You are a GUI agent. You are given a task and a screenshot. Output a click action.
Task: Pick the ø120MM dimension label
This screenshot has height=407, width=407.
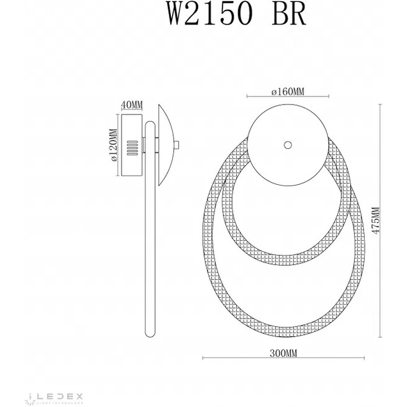coord(114,145)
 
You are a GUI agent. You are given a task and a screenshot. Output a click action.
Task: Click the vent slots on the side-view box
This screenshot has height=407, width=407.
coord(132,147)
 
